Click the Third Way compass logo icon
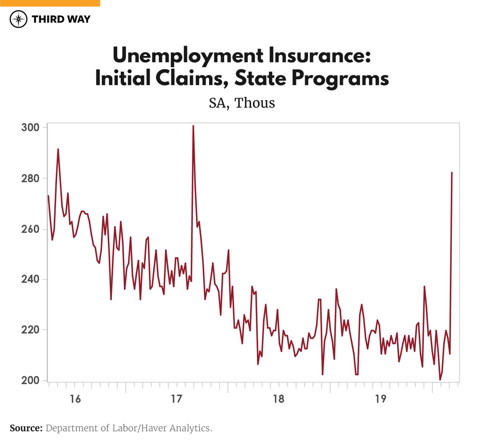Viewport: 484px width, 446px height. pos(19,19)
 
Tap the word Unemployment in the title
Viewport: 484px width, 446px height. pos(188,56)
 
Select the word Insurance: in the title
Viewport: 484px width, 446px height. pos(320,55)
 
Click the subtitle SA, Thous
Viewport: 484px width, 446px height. pos(242,103)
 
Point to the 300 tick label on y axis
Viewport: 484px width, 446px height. pos(30,128)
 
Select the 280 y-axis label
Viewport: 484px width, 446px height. pos(30,179)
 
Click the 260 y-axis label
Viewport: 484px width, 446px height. pos(30,229)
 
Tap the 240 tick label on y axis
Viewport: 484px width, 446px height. pos(30,279)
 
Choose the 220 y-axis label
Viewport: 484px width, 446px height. pos(30,330)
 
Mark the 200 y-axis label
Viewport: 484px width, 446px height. pos(30,380)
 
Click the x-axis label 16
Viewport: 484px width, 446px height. pos(75,399)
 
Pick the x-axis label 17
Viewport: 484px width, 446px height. pos(177,399)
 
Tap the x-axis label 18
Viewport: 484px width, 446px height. pos(279,399)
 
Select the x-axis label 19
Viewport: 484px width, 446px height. pos(381,399)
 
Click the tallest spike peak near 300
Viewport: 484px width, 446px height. pos(193,126)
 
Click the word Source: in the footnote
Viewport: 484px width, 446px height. pos(26,428)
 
